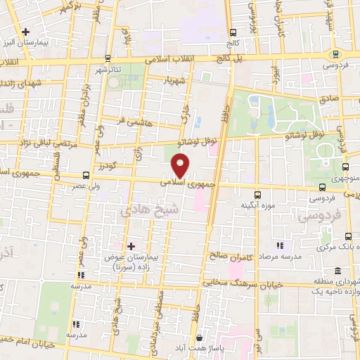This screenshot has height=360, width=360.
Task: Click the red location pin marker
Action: (180, 166)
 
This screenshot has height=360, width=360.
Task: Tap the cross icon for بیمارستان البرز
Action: (26, 32)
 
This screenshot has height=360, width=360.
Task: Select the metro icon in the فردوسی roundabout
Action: (335, 54)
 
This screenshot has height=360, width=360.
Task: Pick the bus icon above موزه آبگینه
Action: (256, 194)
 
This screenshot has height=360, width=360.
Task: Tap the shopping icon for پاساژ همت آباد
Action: (200, 337)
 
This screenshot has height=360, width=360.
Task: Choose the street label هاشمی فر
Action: (131, 121)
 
